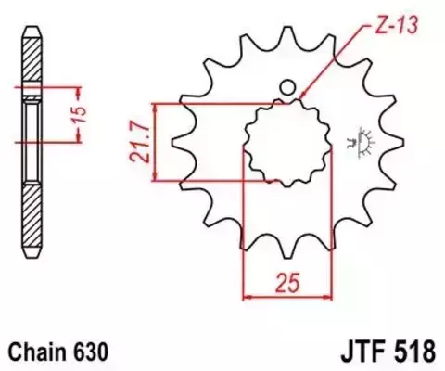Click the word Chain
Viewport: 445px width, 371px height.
(x=36, y=352)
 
